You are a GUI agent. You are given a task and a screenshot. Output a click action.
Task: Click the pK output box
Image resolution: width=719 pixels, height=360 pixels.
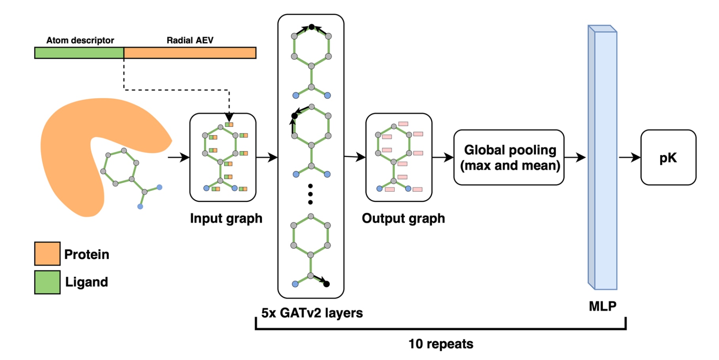668,157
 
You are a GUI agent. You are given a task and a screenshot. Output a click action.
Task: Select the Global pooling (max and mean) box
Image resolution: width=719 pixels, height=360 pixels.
509,157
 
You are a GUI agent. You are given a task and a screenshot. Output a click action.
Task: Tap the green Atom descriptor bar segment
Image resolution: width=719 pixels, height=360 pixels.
79,53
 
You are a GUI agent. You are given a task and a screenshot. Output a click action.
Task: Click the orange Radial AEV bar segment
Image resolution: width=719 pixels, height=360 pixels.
190,53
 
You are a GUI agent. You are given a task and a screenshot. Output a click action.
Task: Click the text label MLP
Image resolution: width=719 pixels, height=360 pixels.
602,306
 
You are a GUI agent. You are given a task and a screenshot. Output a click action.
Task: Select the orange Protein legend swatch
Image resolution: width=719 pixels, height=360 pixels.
47,254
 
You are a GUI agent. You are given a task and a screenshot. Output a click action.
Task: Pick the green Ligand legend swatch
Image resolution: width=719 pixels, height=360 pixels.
47,282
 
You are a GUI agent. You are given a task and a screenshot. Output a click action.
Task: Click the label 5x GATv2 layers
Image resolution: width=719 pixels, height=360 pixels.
312,313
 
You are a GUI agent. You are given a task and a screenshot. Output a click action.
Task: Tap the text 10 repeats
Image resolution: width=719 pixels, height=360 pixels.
441,344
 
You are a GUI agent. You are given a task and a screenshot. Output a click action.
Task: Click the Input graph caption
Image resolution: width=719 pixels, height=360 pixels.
226,218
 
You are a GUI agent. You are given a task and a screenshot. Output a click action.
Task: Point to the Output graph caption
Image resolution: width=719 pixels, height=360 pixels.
403,218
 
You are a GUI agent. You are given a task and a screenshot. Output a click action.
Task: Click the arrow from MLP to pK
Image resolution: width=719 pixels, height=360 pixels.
630,157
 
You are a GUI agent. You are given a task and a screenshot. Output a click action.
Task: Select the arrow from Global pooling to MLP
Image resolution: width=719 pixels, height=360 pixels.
575,157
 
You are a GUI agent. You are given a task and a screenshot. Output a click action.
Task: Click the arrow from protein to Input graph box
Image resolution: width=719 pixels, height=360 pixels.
179,157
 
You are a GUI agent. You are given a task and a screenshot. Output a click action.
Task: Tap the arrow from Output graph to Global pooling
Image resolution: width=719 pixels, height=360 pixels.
443,157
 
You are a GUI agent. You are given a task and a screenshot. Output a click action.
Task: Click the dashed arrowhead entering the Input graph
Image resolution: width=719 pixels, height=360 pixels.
229,117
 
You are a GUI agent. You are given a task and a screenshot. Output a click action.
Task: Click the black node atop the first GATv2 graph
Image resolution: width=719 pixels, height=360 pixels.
312,27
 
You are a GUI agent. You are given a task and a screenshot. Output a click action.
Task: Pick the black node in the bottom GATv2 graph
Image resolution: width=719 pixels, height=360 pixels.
327,284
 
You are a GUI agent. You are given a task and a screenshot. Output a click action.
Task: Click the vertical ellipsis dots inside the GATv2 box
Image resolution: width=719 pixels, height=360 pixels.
310,194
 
